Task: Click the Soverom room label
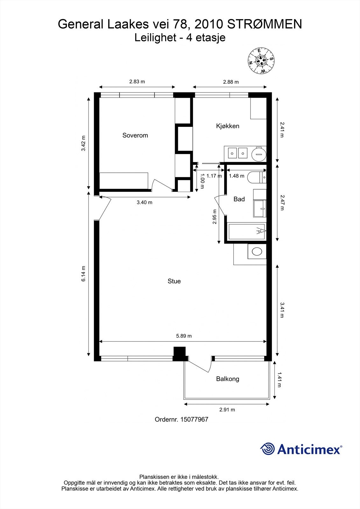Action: click(135, 135)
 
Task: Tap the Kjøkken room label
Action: click(228, 126)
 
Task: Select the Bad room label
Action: click(239, 199)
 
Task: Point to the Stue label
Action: click(174, 281)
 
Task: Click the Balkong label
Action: click(228, 379)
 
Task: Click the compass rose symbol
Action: click(261, 61)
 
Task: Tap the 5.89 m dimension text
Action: click(184, 336)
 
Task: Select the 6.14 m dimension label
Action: click(83, 274)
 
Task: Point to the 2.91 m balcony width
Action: click(227, 410)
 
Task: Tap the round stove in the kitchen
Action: click(258, 154)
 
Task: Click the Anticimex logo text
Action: click(309, 449)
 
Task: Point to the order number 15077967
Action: click(181, 419)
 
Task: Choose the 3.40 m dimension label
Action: click(145, 202)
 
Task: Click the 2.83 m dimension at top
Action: click(137, 82)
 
